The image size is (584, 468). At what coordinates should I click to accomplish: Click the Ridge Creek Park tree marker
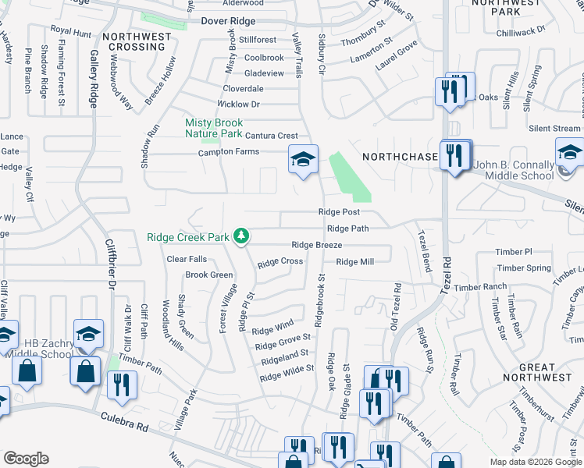(242, 236)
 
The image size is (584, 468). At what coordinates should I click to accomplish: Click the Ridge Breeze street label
(317, 245)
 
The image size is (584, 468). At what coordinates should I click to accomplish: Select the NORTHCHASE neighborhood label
(401, 157)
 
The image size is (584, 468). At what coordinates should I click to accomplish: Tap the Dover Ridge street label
(228, 22)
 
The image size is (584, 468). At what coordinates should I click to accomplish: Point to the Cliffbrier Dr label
(109, 282)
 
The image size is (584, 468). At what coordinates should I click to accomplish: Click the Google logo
(26, 459)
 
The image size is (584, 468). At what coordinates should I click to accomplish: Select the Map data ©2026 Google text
(536, 462)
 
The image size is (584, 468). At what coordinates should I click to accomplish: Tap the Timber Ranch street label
(480, 288)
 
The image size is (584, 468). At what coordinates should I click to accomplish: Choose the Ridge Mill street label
(355, 262)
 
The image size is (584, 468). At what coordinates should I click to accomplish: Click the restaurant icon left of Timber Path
(122, 385)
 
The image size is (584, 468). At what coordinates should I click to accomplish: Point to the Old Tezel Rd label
(396, 307)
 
